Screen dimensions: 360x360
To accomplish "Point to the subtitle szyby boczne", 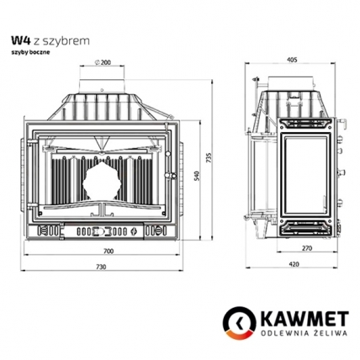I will (x=30, y=52).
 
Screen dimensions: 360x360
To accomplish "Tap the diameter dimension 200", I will (x=104, y=63).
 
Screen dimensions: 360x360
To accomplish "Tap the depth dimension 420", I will (x=291, y=265).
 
